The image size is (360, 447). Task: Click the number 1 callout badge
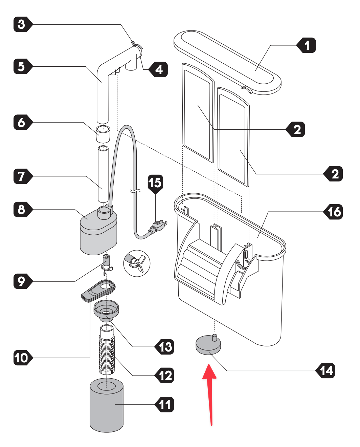(306, 45)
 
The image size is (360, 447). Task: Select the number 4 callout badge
(158, 69)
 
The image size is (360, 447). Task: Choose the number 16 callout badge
(333, 212)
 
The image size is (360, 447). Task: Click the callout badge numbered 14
(325, 370)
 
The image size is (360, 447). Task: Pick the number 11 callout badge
(164, 404)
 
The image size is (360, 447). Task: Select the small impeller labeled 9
(107, 264)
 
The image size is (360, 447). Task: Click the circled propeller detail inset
(137, 263)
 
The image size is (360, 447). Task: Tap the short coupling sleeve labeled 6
(103, 134)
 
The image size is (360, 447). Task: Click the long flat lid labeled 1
(228, 62)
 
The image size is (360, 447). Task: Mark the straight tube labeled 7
(103, 174)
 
